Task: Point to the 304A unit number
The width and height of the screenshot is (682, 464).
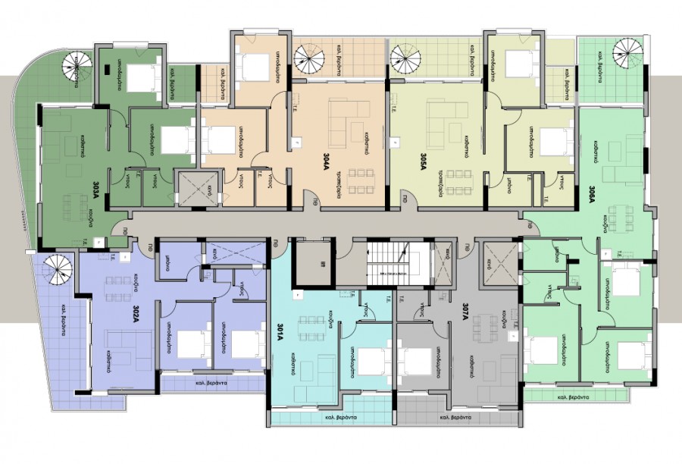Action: pyautogui.click(x=325, y=161)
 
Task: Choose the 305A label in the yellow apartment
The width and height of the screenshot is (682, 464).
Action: pyautogui.click(x=423, y=161)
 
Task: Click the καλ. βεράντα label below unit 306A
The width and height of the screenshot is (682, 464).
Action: pyautogui.click(x=572, y=397)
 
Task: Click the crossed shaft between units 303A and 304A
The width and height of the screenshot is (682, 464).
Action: pyautogui.click(x=196, y=187)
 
